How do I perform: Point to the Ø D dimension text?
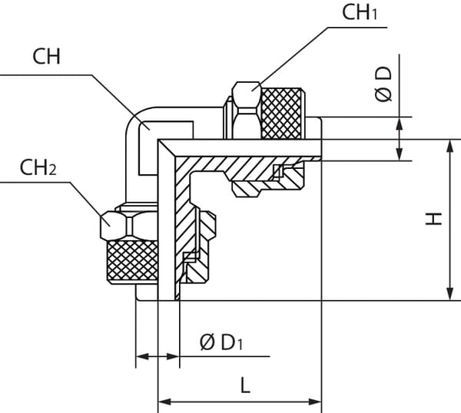(x=384, y=83)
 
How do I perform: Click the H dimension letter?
(x=435, y=220)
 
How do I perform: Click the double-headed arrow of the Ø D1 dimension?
(x=158, y=357)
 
